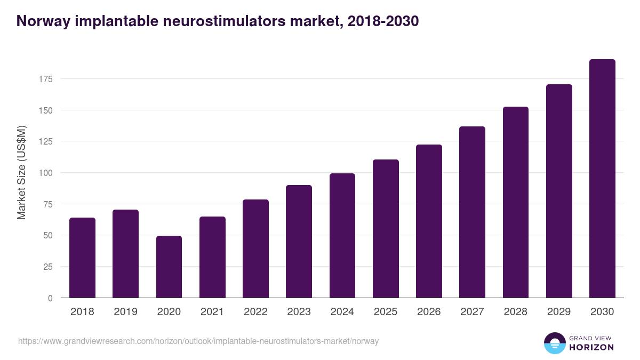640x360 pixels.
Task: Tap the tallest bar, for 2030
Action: tap(602, 179)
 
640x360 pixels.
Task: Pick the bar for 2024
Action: tap(342, 235)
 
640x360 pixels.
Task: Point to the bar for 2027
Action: tap(472, 212)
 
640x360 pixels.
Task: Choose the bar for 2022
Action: tap(255, 249)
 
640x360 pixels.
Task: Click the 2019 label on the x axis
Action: tap(125, 312)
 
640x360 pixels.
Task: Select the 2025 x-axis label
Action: tap(386, 312)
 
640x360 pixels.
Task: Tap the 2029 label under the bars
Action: tap(559, 312)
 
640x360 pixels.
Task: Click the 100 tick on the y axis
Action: tap(46, 173)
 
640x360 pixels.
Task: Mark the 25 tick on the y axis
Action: tap(49, 267)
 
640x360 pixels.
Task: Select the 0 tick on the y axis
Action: tap(51, 298)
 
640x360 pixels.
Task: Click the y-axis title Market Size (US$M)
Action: tap(21, 173)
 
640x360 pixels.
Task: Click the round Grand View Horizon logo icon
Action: tap(554, 343)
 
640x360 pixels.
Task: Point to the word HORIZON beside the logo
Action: tap(591, 347)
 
